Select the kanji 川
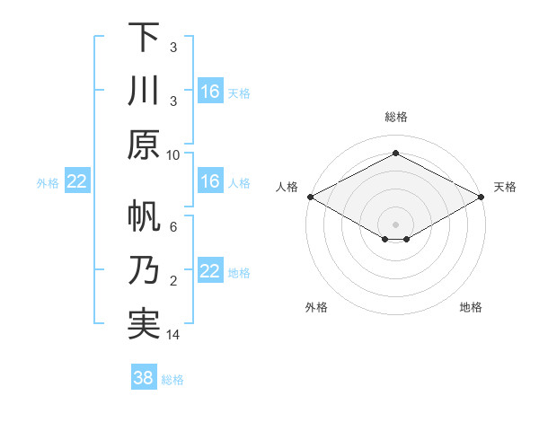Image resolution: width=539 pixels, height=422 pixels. tap(144, 92)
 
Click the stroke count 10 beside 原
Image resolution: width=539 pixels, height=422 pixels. tap(173, 154)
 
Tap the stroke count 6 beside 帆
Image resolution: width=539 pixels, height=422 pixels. tap(173, 227)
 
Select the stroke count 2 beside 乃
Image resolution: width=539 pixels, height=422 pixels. tap(173, 281)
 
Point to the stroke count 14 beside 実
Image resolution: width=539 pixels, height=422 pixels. tap(173, 335)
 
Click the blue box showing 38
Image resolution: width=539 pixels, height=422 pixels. tap(144, 378)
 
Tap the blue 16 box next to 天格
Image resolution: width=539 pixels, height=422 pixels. tap(210, 91)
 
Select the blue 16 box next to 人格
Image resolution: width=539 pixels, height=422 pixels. tap(210, 181)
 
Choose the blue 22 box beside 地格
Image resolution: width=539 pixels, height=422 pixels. tap(210, 272)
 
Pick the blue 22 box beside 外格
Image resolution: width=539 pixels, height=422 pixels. tap(77, 181)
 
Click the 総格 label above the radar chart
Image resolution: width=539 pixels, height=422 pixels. tap(395, 117)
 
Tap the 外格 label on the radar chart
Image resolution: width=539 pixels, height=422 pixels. tap(316, 307)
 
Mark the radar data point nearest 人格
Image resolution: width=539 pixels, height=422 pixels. tap(310, 197)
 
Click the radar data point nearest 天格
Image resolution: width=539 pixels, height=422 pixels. tap(481, 197)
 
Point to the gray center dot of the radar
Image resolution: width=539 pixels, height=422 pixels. tap(395, 223)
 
